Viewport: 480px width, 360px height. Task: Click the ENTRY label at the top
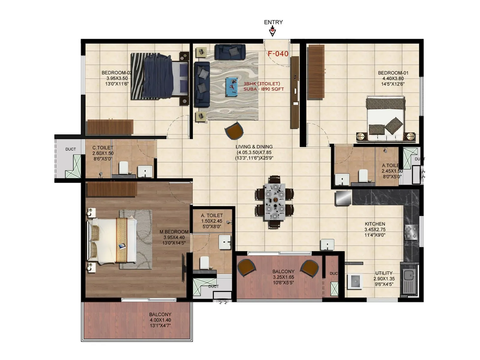click(273, 22)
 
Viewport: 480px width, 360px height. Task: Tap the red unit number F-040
click(278, 54)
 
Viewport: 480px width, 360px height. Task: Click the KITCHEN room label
click(375, 224)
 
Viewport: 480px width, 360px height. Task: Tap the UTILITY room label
click(384, 273)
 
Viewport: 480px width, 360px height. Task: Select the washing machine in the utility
click(355, 281)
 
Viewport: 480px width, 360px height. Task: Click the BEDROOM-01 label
click(393, 73)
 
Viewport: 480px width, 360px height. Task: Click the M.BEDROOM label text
click(174, 232)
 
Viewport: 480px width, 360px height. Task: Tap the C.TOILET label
click(103, 148)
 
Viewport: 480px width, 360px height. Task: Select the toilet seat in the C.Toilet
click(123, 168)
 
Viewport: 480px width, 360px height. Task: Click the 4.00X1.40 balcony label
click(160, 320)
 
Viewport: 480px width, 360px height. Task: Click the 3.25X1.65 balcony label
click(283, 277)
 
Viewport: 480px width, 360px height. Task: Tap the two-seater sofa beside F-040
click(230, 52)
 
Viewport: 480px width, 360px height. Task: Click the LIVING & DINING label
click(254, 147)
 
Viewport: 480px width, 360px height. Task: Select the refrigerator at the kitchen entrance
click(343, 198)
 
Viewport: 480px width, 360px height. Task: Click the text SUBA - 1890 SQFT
click(263, 89)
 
